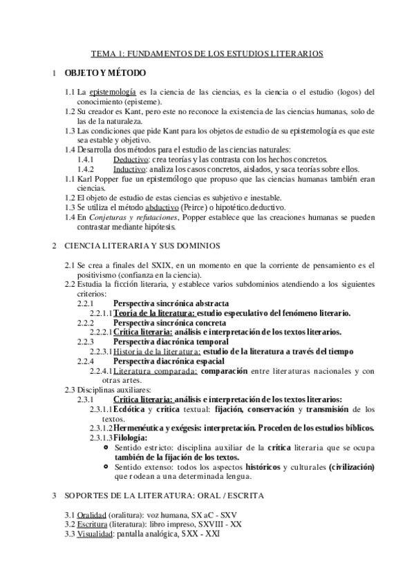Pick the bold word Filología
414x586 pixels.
[130, 438]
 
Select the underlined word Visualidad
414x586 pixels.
[93, 533]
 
